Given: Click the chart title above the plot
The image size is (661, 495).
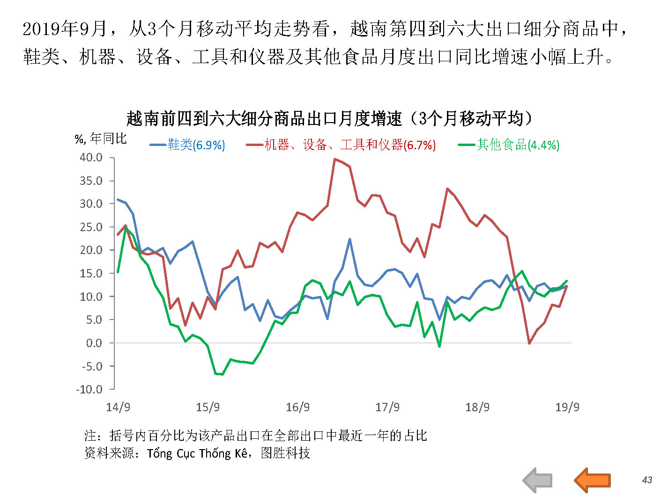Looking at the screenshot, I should tap(330, 118).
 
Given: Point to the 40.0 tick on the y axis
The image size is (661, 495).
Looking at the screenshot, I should tap(91, 158).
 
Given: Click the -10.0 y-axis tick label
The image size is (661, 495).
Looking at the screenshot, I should tap(89, 389).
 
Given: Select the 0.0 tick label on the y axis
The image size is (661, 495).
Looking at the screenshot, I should tap(94, 343).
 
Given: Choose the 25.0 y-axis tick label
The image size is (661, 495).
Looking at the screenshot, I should tap(91, 227).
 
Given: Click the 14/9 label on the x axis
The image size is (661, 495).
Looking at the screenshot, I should tap(118, 407).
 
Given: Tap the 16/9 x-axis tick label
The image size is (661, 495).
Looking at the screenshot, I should tap(297, 407).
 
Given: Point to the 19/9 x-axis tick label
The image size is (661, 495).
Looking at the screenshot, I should tap(567, 407).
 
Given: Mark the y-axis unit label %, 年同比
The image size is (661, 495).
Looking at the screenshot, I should tap(101, 138).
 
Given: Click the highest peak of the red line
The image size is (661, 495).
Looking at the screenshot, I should tap(334, 159).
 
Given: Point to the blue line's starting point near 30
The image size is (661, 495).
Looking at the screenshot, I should tap(118, 199).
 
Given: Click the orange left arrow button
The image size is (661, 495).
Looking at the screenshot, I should tap(592, 480).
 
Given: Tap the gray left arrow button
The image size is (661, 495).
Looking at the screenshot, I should tap(538, 480).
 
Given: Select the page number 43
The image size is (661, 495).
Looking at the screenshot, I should tap(647, 480).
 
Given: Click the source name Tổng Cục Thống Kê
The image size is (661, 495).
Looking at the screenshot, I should tap(197, 453).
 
